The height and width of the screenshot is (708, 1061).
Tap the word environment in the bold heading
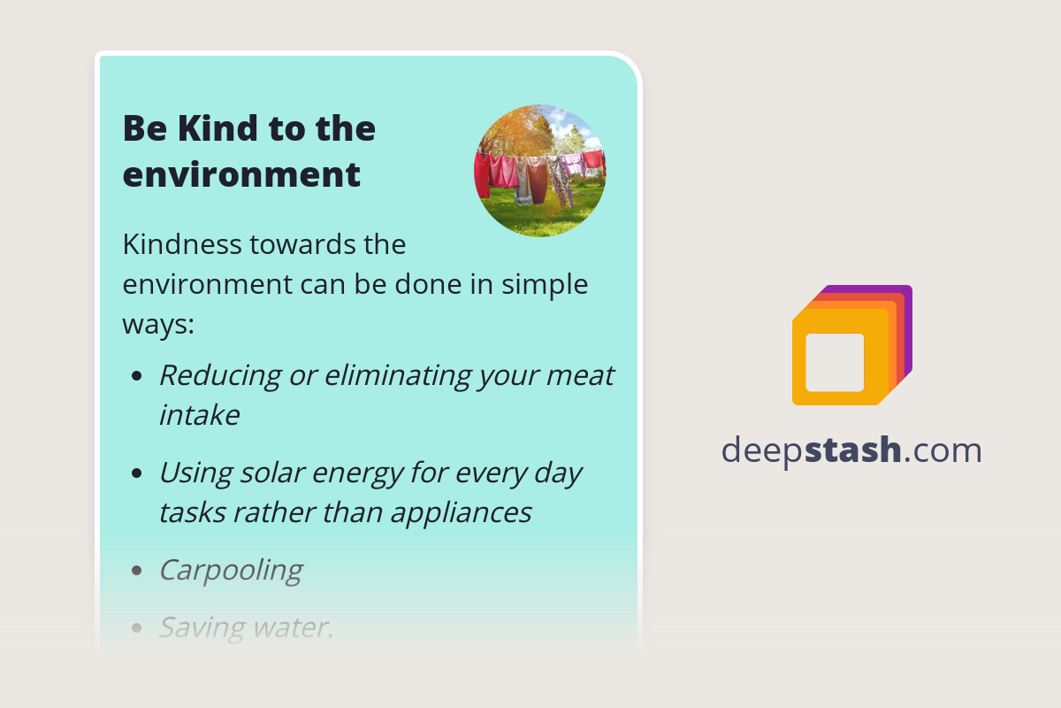(241, 174)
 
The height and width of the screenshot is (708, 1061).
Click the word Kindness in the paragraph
(184, 244)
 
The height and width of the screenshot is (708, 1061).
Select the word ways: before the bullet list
(157, 324)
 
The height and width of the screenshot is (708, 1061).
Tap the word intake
(199, 415)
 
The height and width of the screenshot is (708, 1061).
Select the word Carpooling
(230, 570)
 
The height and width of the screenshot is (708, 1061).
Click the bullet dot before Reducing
(136, 376)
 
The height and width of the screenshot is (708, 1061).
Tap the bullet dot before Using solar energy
(136, 473)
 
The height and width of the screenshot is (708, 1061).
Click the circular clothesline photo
(539, 171)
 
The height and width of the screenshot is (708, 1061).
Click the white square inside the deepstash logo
(835, 362)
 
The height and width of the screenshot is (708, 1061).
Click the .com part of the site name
(943, 450)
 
